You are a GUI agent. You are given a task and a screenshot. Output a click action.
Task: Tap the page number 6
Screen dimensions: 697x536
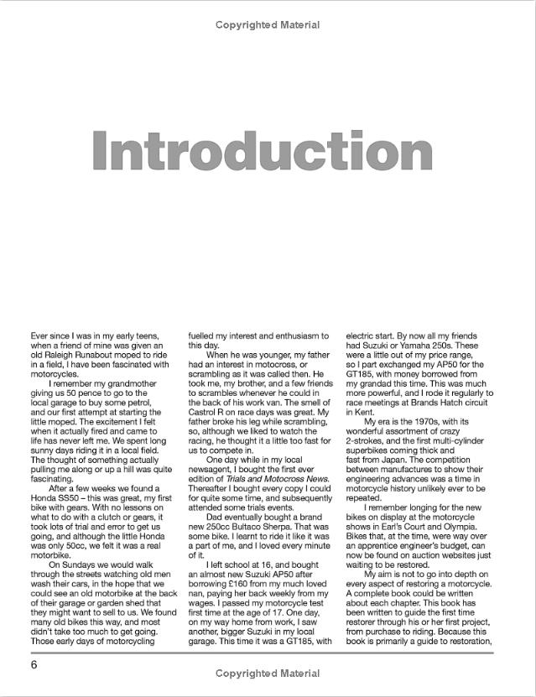click(34, 664)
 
